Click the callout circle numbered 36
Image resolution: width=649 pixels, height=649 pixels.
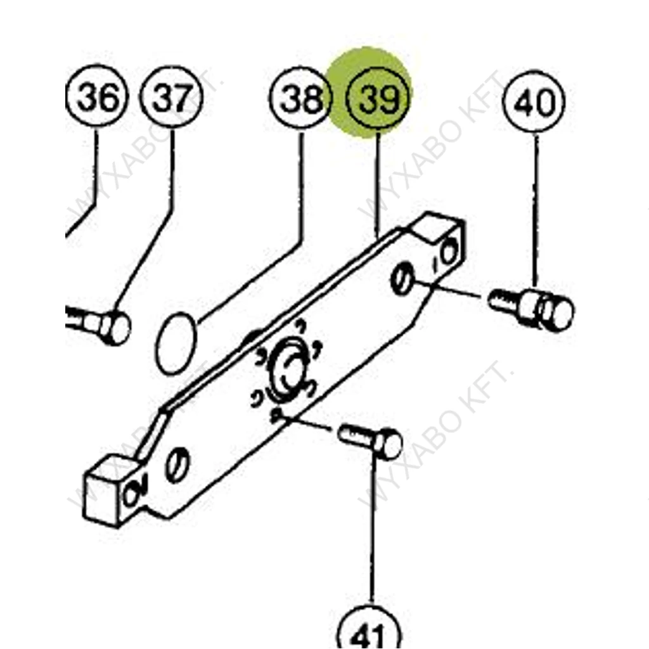point(97,96)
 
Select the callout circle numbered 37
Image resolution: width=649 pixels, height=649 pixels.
point(172,97)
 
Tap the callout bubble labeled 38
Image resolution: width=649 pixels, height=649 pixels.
point(301,98)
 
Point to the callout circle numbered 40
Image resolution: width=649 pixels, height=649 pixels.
point(534,101)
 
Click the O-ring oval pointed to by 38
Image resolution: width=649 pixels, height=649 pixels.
point(176,343)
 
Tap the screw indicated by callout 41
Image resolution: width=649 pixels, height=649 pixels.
point(370,442)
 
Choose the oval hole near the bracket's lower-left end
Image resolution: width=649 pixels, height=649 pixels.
point(177,465)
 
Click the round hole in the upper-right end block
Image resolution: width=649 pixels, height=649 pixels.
point(449,252)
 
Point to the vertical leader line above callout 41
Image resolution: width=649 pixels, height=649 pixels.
point(372,530)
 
